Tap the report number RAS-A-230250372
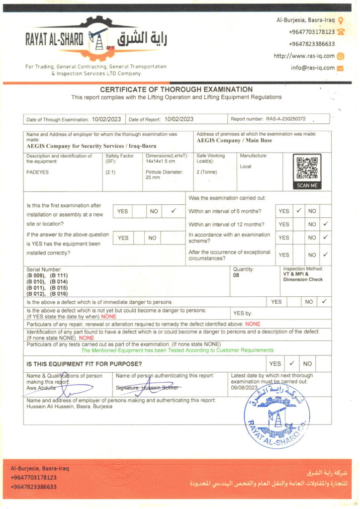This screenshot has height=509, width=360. [285, 119]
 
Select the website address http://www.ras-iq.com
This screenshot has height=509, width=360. [304, 56]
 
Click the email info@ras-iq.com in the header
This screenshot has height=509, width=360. [313, 68]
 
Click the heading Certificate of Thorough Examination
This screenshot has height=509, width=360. [176, 89]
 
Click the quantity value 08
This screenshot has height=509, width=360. [236, 275]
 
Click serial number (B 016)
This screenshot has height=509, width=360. [59, 294]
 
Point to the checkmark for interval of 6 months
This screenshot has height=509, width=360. [299, 211]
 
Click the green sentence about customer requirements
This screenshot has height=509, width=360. [178, 350]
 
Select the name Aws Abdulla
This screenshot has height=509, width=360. [41, 388]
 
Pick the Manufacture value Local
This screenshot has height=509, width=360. [246, 167]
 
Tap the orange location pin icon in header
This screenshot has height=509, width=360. [341, 20]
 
